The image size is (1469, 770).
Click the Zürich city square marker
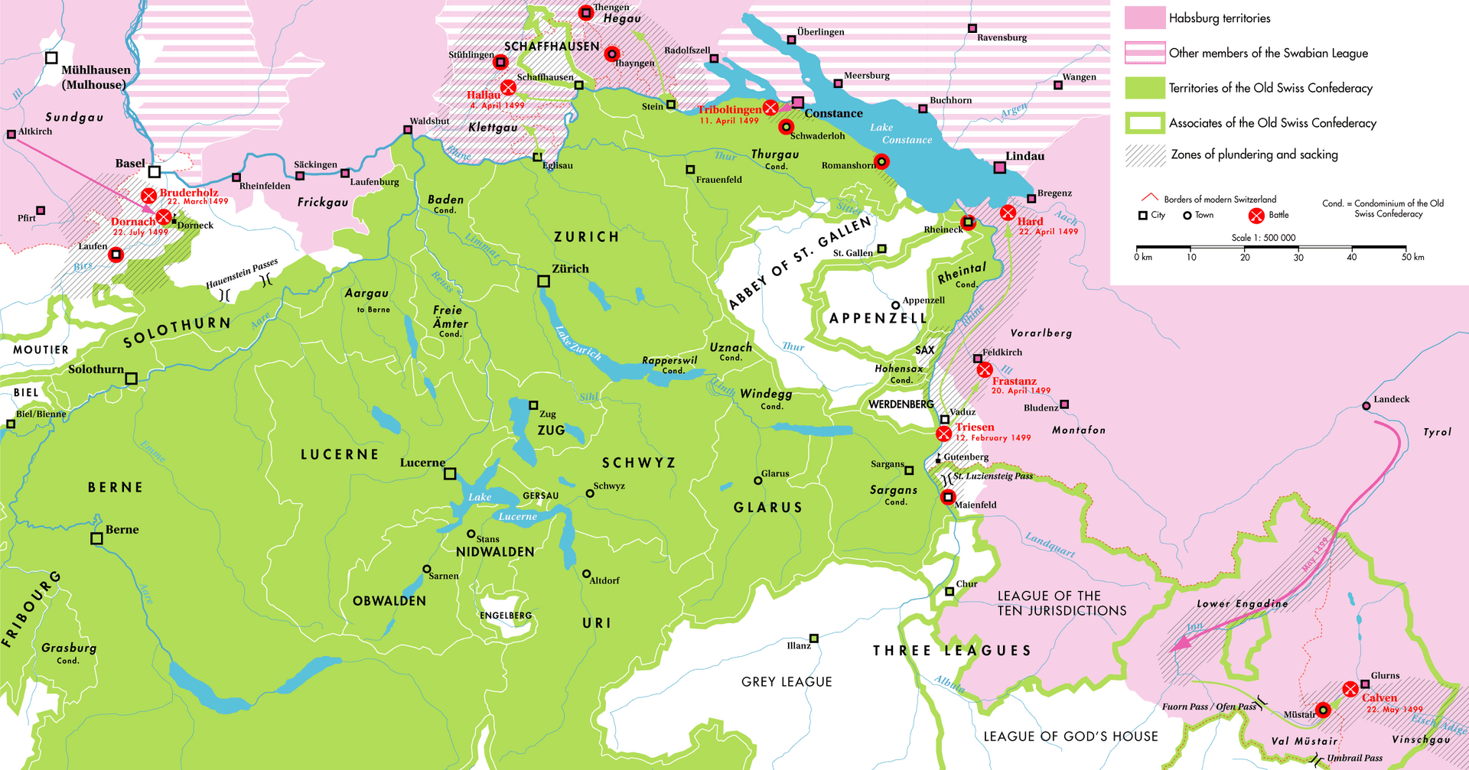tap(543, 281)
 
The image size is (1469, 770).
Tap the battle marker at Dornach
tap(164, 218)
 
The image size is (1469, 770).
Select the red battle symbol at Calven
tap(1350, 689)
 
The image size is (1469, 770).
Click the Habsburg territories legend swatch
tap(1144, 18)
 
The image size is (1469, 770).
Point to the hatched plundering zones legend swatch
tap(1144, 155)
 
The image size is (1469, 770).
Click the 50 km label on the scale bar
tap(1412, 258)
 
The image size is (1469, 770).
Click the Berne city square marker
tap(96, 538)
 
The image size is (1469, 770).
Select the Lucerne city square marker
tap(450, 474)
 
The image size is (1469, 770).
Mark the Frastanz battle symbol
tap(985, 370)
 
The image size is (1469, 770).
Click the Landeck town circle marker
tap(1366, 406)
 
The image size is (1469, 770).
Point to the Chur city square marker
tap(949, 591)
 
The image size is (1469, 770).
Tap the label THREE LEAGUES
tap(952, 651)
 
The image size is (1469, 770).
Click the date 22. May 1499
tap(1394, 710)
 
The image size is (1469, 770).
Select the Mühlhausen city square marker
tap(51, 58)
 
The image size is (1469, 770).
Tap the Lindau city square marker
tap(999, 167)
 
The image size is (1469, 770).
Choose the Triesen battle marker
tap(944, 434)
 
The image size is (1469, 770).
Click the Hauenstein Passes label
tap(241, 274)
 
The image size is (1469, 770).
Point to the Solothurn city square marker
tap(132, 379)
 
